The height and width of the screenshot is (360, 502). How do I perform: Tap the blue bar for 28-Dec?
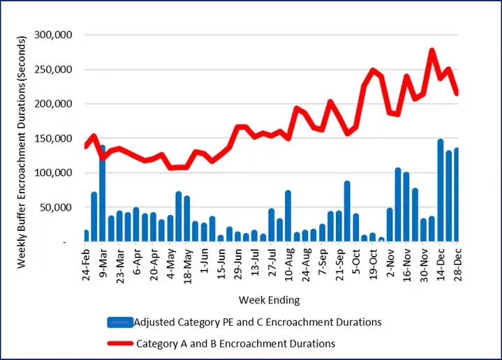tap(457, 195)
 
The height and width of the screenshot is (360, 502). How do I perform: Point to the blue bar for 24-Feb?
tap(86, 236)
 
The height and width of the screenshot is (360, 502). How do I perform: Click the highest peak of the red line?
tap(431, 51)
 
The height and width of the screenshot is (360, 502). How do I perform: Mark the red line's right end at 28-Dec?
tap(457, 93)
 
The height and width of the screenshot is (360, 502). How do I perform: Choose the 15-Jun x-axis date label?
tap(222, 264)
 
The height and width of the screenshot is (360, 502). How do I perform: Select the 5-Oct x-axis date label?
tap(357, 262)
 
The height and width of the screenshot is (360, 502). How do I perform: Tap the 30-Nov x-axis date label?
tap(424, 264)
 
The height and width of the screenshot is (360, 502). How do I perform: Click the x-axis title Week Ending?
tap(269, 301)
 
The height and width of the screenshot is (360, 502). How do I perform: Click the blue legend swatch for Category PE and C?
tap(119, 322)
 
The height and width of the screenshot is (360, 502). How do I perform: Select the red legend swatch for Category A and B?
tap(119, 343)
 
